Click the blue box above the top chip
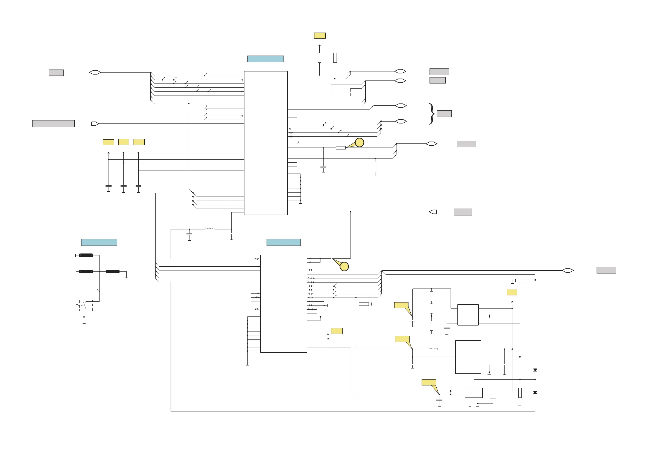(265, 59)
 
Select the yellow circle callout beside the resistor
(359, 143)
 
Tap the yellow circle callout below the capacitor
(344, 267)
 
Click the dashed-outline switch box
(86, 306)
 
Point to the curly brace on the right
(431, 114)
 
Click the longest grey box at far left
(53, 123)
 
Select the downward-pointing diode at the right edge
(535, 370)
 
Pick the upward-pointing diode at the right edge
(535, 393)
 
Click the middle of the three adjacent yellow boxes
(124, 142)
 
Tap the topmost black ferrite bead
(86, 255)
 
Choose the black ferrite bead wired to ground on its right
(113, 271)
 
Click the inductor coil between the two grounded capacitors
(210, 228)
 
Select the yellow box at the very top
(320, 36)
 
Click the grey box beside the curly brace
(444, 114)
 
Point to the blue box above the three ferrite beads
(99, 243)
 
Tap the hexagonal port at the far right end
(568, 270)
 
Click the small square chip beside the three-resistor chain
(468, 315)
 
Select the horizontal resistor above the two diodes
(520, 280)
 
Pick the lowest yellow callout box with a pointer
(429, 382)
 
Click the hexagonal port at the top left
(95, 72)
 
